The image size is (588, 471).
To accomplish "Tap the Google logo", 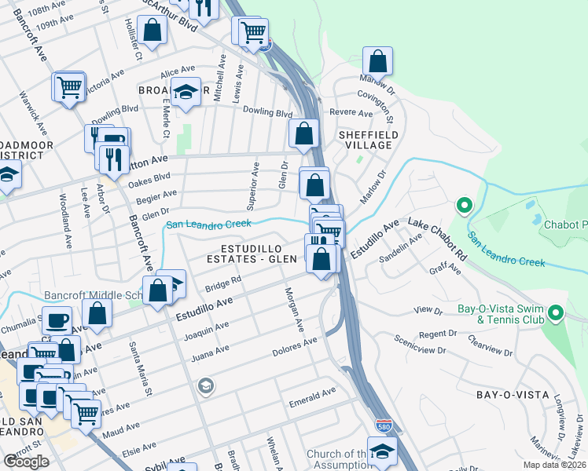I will coord(26,462).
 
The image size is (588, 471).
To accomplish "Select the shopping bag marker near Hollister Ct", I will coord(155,31).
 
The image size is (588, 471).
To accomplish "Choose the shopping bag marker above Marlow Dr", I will coord(378,60).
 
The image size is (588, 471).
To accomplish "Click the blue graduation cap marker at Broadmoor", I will coord(186,93).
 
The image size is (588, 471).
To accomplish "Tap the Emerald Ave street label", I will coord(312,391).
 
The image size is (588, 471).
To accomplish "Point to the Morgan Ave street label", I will coord(292,307).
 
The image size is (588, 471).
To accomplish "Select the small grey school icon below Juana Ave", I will coord(205,385).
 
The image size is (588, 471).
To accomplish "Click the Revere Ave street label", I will coord(351,113).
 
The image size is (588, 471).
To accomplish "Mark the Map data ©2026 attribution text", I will coord(553,465).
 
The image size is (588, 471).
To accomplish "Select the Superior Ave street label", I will coord(254,186).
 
